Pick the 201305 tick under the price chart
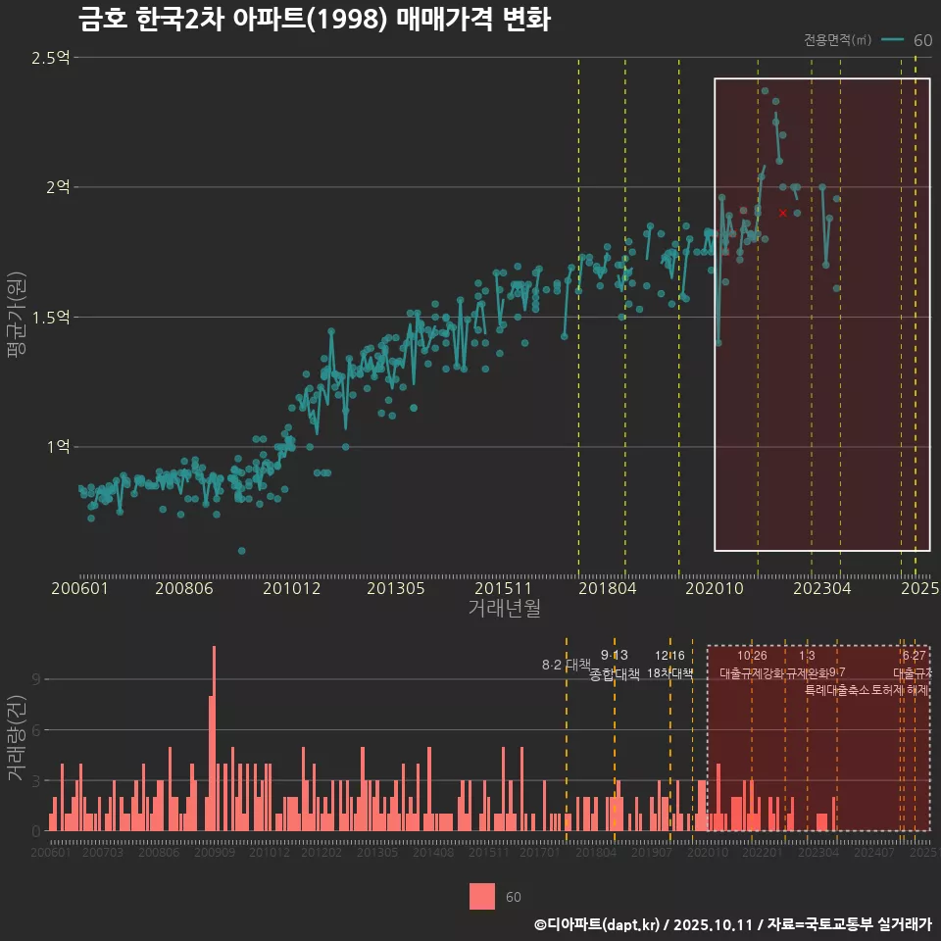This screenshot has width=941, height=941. pyautogui.click(x=395, y=588)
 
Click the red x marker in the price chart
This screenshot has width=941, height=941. pyautogui.click(x=782, y=213)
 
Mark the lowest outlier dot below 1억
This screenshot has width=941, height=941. pyautogui.click(x=242, y=551)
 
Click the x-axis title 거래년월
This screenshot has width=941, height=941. pyautogui.click(x=504, y=609)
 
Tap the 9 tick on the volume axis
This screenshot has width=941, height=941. pyautogui.click(x=36, y=678)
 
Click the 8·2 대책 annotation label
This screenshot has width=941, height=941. pyautogui.click(x=566, y=665)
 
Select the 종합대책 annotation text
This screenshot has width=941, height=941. pyautogui.click(x=615, y=674)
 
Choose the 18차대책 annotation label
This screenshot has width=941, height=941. pyautogui.click(x=670, y=673)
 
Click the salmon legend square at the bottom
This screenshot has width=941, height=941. pyautogui.click(x=482, y=896)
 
